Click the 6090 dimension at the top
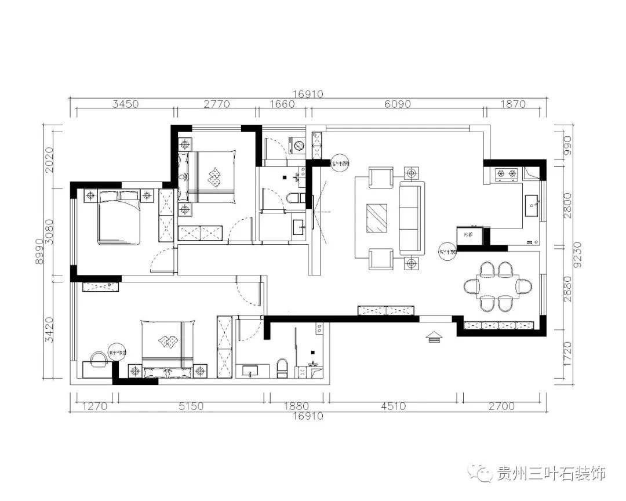(397, 104)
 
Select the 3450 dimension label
(125, 104)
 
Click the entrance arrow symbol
(434, 337)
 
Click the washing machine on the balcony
(297, 144)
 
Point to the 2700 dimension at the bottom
(501, 406)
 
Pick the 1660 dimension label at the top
(282, 104)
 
